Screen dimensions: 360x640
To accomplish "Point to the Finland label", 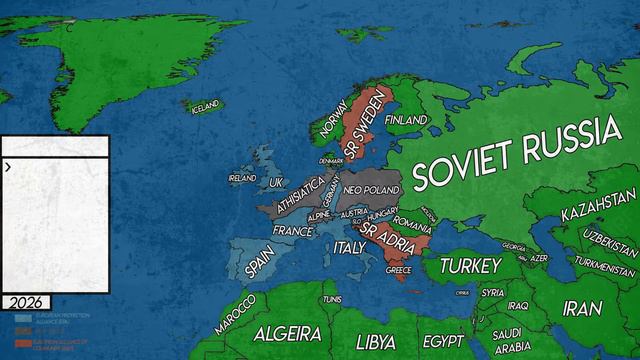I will point(406,120).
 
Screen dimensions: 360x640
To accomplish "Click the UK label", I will point(277,183).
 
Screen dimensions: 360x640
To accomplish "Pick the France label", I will point(294,230).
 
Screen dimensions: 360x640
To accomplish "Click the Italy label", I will point(350,247).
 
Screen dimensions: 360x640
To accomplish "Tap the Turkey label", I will point(469,266).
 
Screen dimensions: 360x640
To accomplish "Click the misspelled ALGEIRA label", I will point(287,333).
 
